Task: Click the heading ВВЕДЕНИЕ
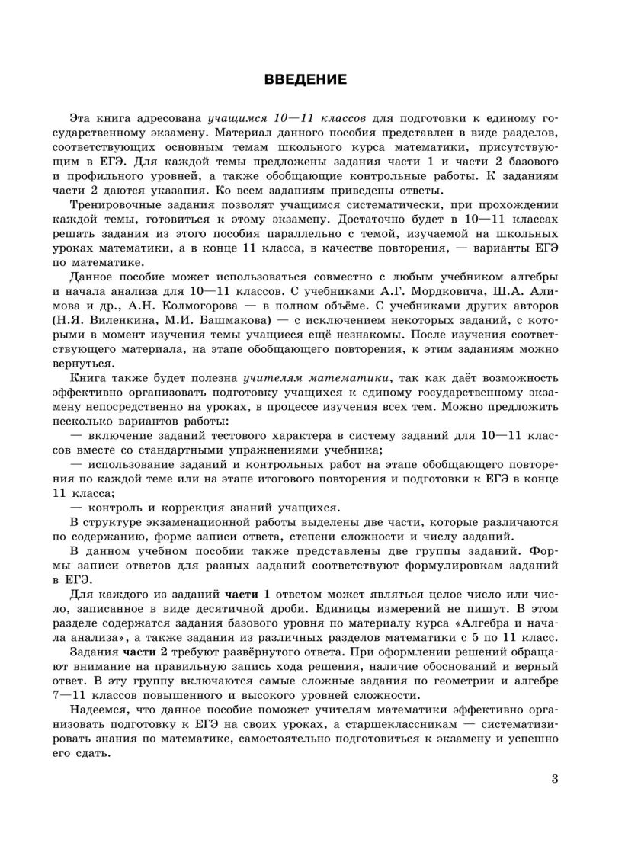[x=305, y=79]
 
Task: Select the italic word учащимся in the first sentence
[x=236, y=119]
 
